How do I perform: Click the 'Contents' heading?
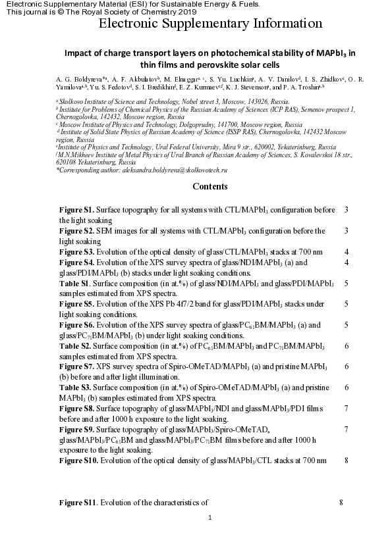point(210,186)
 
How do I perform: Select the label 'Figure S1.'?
point(77,210)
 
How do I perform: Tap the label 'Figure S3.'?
point(77,252)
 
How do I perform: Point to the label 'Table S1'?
point(74,283)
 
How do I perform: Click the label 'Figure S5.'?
point(77,304)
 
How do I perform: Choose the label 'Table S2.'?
point(75,346)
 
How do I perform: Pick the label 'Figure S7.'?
point(77,367)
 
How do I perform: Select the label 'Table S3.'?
point(75,388)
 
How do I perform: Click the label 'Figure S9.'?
point(77,430)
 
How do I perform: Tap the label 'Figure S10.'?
point(79,461)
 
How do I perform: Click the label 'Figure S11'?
point(78,503)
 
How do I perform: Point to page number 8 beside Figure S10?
point(346,461)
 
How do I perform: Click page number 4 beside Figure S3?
point(346,252)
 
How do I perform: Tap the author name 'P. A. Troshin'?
point(304,86)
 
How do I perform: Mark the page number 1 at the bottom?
point(210,518)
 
